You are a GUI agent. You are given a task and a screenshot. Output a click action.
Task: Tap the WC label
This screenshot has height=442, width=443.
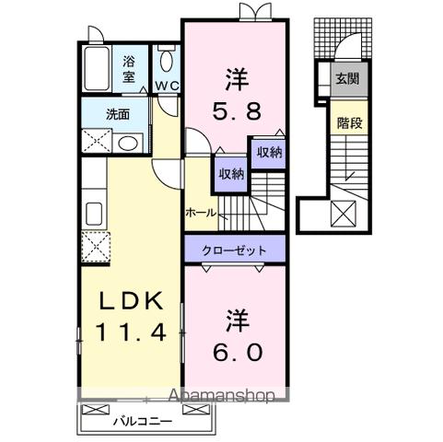167,86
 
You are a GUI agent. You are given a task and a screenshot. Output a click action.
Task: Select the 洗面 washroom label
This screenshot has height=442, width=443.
118,116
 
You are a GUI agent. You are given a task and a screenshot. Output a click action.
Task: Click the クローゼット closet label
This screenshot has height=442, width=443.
234,250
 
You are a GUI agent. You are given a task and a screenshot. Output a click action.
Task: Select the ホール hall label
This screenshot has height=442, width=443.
200,213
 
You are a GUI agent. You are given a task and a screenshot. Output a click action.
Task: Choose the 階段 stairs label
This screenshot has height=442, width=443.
347,121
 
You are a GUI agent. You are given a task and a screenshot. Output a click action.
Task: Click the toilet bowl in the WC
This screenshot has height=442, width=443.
166,62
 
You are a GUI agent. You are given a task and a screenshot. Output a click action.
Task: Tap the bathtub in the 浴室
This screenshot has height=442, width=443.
98,67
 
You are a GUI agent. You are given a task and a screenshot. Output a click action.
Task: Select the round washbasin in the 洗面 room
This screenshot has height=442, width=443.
129,143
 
